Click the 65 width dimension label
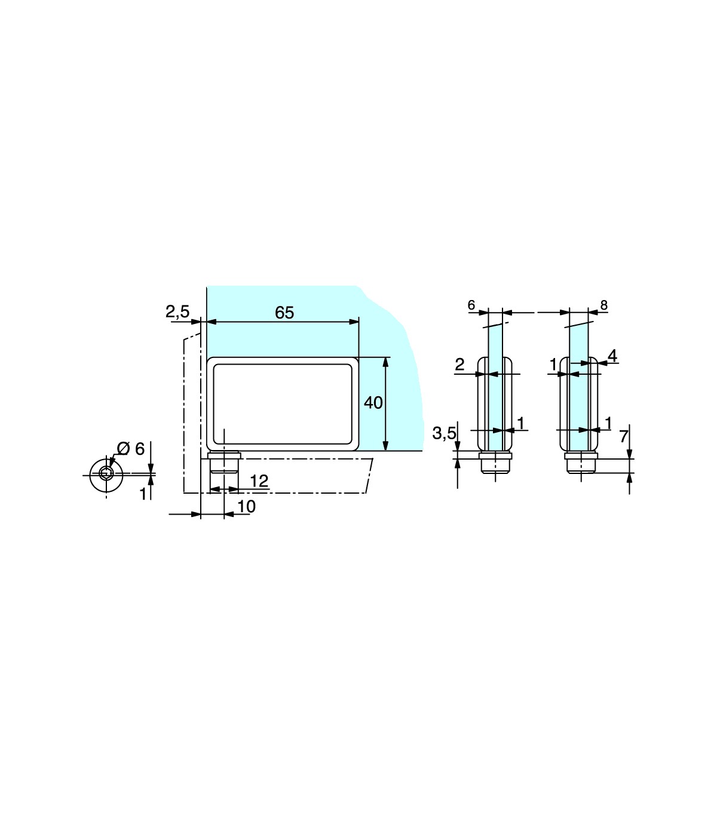(284, 313)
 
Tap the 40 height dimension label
(373, 402)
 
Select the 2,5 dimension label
(177, 311)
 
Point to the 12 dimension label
(259, 481)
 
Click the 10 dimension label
(247, 507)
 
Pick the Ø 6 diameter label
(131, 449)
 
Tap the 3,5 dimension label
(444, 433)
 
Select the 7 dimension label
(624, 436)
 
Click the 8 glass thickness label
(604, 305)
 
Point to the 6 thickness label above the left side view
(471, 305)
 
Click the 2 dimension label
(459, 365)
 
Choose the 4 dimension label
(613, 356)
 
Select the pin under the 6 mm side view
(495, 463)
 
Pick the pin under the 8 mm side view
(581, 463)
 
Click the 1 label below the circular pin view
(143, 494)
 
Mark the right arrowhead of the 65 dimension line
(354, 322)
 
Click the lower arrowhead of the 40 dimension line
(386, 445)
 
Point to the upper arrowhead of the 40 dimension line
(386, 362)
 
